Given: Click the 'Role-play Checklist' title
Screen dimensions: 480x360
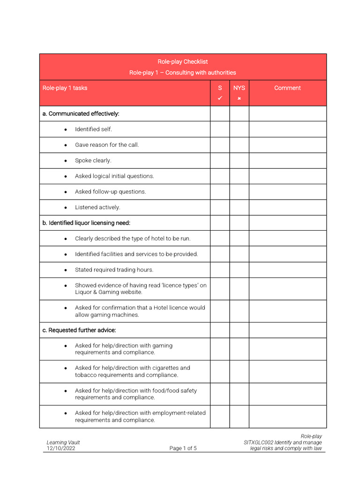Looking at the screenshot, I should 182,61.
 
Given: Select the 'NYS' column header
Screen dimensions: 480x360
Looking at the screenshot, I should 239,88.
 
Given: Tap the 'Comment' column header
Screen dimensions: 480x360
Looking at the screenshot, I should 287,88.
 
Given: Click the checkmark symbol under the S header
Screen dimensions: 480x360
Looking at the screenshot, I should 220,98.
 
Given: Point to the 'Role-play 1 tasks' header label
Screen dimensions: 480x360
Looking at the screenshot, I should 65,88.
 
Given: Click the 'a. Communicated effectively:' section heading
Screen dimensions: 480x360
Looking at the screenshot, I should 81,113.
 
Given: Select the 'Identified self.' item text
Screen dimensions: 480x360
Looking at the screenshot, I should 93,129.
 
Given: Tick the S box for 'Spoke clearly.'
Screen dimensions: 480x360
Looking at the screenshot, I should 220,160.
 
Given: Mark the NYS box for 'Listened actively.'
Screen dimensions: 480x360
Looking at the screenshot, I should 239,207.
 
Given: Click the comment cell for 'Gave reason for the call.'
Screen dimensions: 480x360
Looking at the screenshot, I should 287,145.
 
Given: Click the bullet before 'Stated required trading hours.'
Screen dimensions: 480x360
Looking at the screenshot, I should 66,270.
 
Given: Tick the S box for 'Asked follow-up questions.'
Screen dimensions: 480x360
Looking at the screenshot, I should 220,192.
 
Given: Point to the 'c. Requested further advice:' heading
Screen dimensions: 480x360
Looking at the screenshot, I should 79,330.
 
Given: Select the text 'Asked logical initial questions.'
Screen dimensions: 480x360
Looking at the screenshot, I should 114,176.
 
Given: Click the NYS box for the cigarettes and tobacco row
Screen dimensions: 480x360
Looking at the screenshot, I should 239,371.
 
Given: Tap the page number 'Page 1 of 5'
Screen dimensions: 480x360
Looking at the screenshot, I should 183,448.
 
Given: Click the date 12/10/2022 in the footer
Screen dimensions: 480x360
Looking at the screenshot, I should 61,448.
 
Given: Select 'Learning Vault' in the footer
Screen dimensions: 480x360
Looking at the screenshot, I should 63,442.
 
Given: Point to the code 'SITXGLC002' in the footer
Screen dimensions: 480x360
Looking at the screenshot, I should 258,442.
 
